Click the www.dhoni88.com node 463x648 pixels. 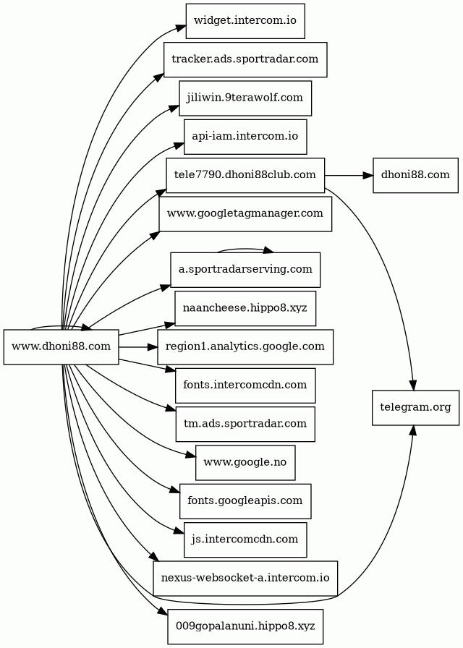[61, 347]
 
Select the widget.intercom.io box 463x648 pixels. [245, 21]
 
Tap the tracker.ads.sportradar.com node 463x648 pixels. [245, 59]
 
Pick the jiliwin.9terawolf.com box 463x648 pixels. [245, 98]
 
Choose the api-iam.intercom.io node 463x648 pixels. [245, 137]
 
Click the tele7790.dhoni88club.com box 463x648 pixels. [245, 175]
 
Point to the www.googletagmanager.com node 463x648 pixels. [245, 213]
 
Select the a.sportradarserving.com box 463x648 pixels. [245, 270]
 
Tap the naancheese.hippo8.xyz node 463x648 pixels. [245, 309]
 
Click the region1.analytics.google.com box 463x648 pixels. [245, 347]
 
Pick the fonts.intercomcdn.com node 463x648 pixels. [245, 385]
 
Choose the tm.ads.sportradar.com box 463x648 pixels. [245, 424]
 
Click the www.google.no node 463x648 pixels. [245, 462]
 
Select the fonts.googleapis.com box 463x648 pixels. [245, 501]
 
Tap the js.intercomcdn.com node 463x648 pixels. [245, 540]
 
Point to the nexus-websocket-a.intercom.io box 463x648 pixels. [245, 578]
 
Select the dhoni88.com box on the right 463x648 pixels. [415, 175]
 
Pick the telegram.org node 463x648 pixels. [415, 408]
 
